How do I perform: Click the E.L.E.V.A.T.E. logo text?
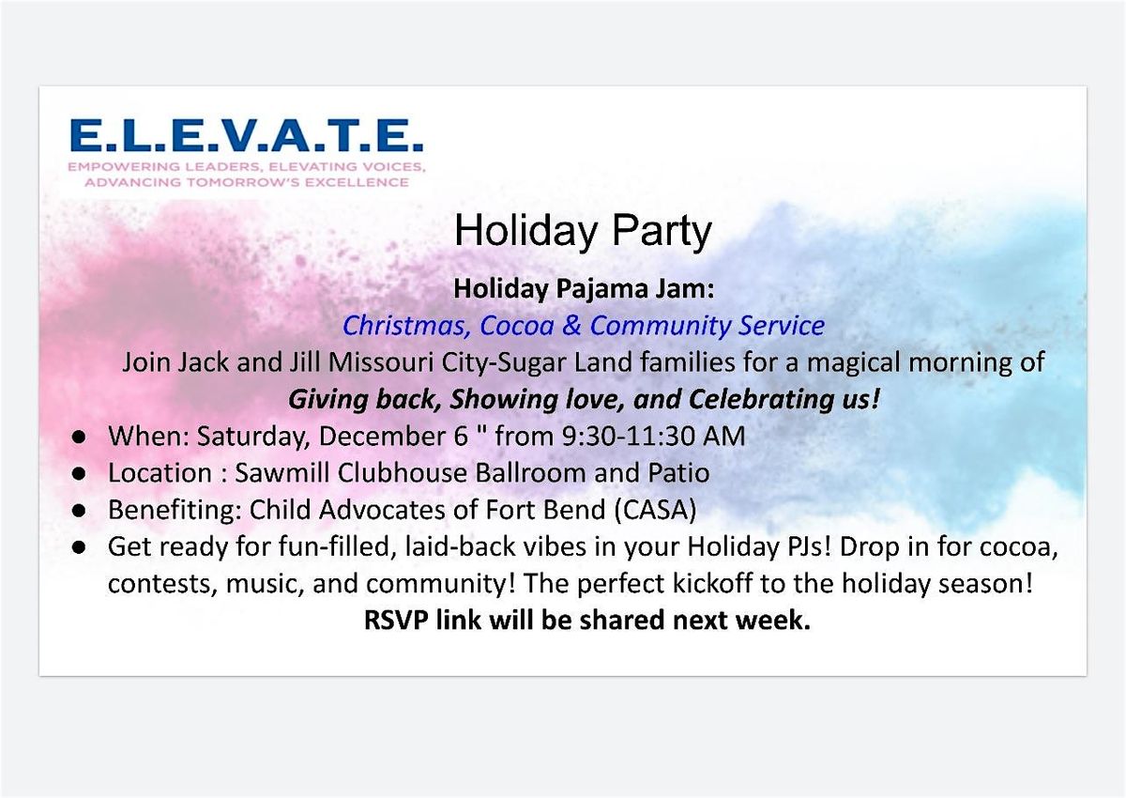click(246, 136)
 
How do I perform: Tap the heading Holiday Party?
click(583, 231)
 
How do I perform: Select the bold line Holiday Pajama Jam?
click(584, 289)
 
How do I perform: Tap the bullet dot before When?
click(82, 437)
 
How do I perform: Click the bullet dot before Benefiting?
click(82, 511)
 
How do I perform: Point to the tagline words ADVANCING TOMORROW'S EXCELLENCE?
click(246, 182)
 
